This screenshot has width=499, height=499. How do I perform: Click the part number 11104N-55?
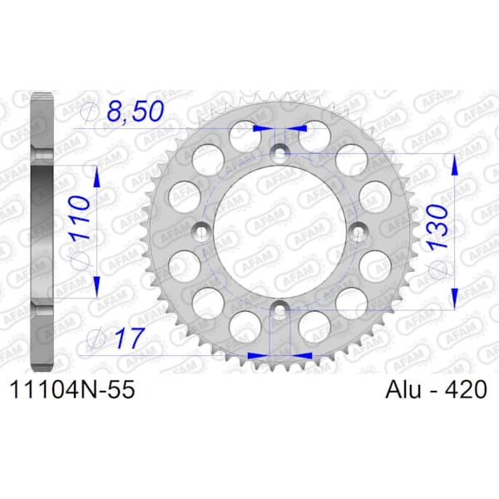70,389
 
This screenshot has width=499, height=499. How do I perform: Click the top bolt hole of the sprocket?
280,153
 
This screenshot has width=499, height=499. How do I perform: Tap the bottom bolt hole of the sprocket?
280,309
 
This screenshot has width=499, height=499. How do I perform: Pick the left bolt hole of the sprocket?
202,231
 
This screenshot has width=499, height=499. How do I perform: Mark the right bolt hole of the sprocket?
358,231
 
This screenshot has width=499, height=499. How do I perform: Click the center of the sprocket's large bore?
280,231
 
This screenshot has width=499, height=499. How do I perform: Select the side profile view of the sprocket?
41,230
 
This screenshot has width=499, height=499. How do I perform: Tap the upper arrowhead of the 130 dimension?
454,164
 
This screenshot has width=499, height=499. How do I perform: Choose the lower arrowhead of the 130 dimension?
454,299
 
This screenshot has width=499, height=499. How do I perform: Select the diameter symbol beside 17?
96,339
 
